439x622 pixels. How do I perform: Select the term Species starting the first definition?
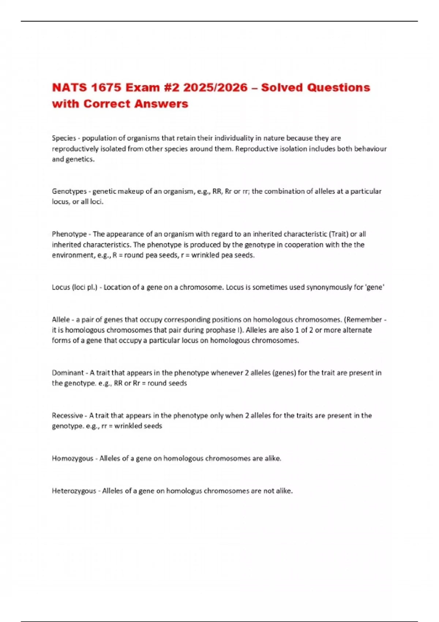64,138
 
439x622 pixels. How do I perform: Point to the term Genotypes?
69,191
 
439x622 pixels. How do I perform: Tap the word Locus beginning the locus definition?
61,287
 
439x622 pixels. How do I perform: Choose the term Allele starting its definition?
61,320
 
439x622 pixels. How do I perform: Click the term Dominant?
68,373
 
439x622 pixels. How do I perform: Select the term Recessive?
67,416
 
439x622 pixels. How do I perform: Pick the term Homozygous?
72,458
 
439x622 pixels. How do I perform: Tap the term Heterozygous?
74,491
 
